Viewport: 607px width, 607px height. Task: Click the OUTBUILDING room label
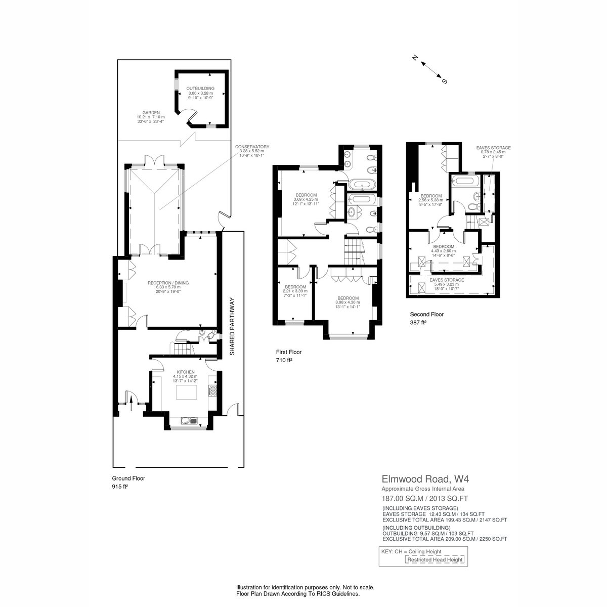(200, 89)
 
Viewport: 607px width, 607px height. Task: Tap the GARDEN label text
(151, 112)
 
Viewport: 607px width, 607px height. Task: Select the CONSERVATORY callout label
(252, 147)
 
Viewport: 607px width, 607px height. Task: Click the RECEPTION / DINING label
(168, 283)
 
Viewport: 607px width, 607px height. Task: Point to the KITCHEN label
(186, 372)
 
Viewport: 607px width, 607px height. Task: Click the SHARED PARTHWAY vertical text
(232, 326)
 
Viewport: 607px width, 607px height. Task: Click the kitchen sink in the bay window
(189, 420)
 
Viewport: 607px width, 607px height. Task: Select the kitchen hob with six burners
(212, 391)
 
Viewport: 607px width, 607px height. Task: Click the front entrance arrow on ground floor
(131, 403)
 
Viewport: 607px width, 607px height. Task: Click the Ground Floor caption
(128, 478)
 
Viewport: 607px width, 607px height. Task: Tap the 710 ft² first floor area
(284, 360)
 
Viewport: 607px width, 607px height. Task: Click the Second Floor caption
(426, 314)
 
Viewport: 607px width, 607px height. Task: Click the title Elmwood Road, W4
(425, 479)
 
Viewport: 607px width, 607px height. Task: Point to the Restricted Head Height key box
(435, 559)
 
